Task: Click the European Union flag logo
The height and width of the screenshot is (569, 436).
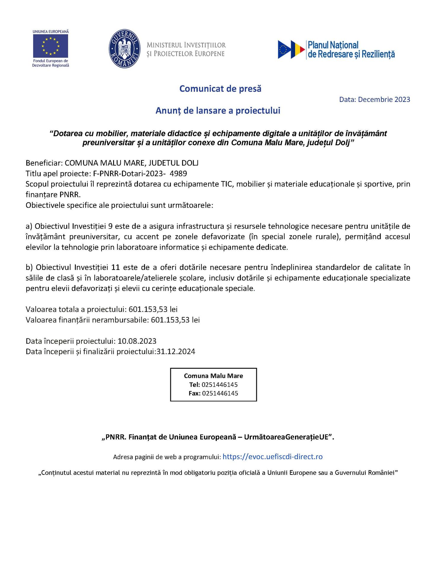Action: click(x=50, y=46)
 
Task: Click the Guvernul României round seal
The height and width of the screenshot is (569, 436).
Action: click(x=124, y=49)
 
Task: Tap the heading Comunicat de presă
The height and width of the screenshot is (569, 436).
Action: click(x=220, y=89)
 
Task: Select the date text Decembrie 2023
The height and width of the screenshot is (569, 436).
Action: click(x=384, y=100)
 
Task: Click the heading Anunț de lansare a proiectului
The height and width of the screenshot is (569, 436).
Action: click(x=218, y=111)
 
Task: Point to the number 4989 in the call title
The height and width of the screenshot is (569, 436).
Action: click(x=178, y=173)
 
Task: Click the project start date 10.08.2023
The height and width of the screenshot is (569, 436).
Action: click(x=137, y=341)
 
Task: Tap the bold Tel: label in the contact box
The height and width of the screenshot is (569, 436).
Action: click(x=195, y=385)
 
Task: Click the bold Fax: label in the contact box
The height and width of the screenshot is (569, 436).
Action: click(x=195, y=394)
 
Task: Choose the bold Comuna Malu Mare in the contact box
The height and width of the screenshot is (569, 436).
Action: click(x=213, y=376)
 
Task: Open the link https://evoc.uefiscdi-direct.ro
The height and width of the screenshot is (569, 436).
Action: click(x=272, y=457)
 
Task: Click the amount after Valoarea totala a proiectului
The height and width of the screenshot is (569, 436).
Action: click(x=153, y=309)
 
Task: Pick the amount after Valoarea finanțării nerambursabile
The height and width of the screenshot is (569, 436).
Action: click(x=175, y=320)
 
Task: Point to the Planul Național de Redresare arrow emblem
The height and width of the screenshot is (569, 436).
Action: click(x=291, y=49)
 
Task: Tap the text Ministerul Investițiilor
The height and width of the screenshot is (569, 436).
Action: click(x=186, y=45)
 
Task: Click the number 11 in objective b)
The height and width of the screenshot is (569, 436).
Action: click(x=115, y=268)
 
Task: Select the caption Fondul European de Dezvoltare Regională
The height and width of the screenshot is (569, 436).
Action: click(x=51, y=63)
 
